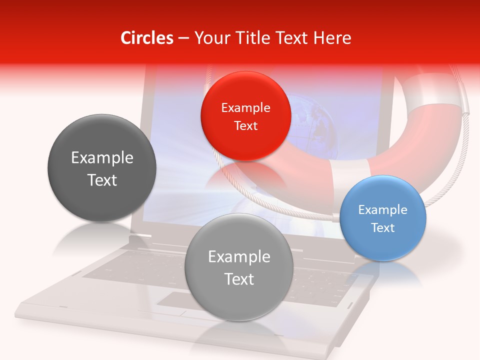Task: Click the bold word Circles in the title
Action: (x=146, y=38)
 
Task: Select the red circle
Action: (x=245, y=116)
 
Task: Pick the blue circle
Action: (x=383, y=218)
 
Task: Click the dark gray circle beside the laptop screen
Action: (x=102, y=168)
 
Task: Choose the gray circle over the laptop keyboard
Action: (x=239, y=267)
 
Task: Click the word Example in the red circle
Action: (x=245, y=107)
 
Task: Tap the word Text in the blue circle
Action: (x=383, y=228)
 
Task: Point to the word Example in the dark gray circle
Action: (x=102, y=158)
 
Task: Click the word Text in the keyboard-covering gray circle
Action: (x=239, y=279)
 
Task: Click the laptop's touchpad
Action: (x=172, y=301)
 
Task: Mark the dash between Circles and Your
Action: (x=183, y=38)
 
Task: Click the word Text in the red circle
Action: (x=245, y=125)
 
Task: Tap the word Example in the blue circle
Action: (x=383, y=209)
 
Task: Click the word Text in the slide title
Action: (x=294, y=38)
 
